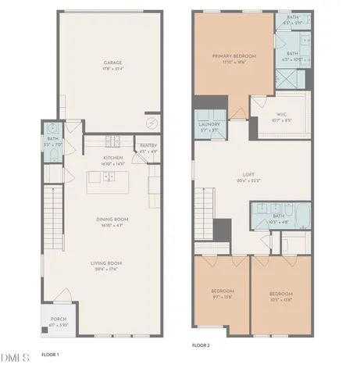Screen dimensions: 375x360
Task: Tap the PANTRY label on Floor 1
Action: pos(148,147)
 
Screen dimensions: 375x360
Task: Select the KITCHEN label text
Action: pos(109,159)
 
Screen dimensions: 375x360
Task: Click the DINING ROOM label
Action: pos(109,221)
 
